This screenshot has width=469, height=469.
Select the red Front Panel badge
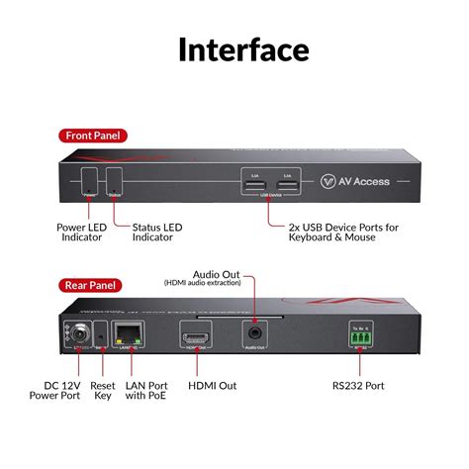click(93, 136)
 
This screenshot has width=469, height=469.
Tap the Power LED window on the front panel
click(90, 180)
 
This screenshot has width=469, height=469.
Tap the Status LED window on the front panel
click(116, 180)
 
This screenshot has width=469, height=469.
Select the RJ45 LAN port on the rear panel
click(128, 333)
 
